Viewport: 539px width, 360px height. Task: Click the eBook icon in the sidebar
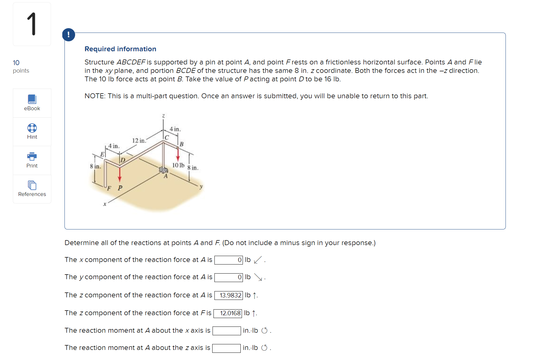(32, 99)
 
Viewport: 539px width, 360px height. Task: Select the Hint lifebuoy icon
(32, 128)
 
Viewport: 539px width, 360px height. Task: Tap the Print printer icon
(32, 156)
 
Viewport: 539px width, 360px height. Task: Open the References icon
(32, 185)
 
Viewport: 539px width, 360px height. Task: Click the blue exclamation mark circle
(69, 35)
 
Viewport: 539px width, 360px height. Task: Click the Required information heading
(120, 49)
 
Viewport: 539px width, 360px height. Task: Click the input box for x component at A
(228, 260)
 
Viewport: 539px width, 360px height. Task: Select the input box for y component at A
(228, 277)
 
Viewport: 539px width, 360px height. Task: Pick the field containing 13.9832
(228, 295)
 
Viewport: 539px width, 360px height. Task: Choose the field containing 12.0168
(228, 313)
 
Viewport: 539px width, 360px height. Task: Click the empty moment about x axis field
(226, 331)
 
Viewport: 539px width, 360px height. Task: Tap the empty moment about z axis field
(226, 348)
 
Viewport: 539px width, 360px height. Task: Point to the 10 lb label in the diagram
(178, 165)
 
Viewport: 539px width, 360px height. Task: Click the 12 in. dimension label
(139, 141)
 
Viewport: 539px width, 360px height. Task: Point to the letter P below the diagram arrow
(120, 188)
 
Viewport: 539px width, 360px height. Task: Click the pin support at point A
(163, 170)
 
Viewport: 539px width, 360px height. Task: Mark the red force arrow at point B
(178, 154)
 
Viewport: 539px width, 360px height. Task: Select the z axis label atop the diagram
(163, 116)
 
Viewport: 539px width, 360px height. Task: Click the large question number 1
(32, 24)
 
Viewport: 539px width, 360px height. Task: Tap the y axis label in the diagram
(201, 187)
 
